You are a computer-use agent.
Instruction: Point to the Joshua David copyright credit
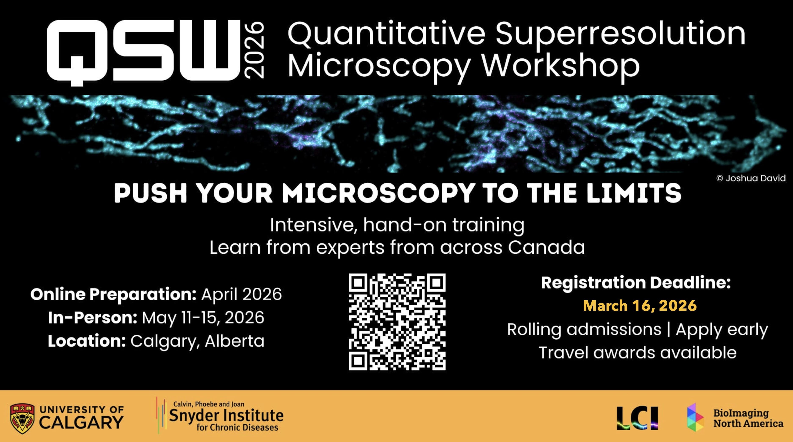point(751,178)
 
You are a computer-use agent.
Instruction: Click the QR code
point(397,322)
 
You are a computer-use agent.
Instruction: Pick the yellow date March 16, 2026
point(640,306)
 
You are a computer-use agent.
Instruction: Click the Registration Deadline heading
point(636,283)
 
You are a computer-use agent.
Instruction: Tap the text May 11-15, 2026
point(203,318)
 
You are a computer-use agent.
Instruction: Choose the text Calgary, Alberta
point(197,341)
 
